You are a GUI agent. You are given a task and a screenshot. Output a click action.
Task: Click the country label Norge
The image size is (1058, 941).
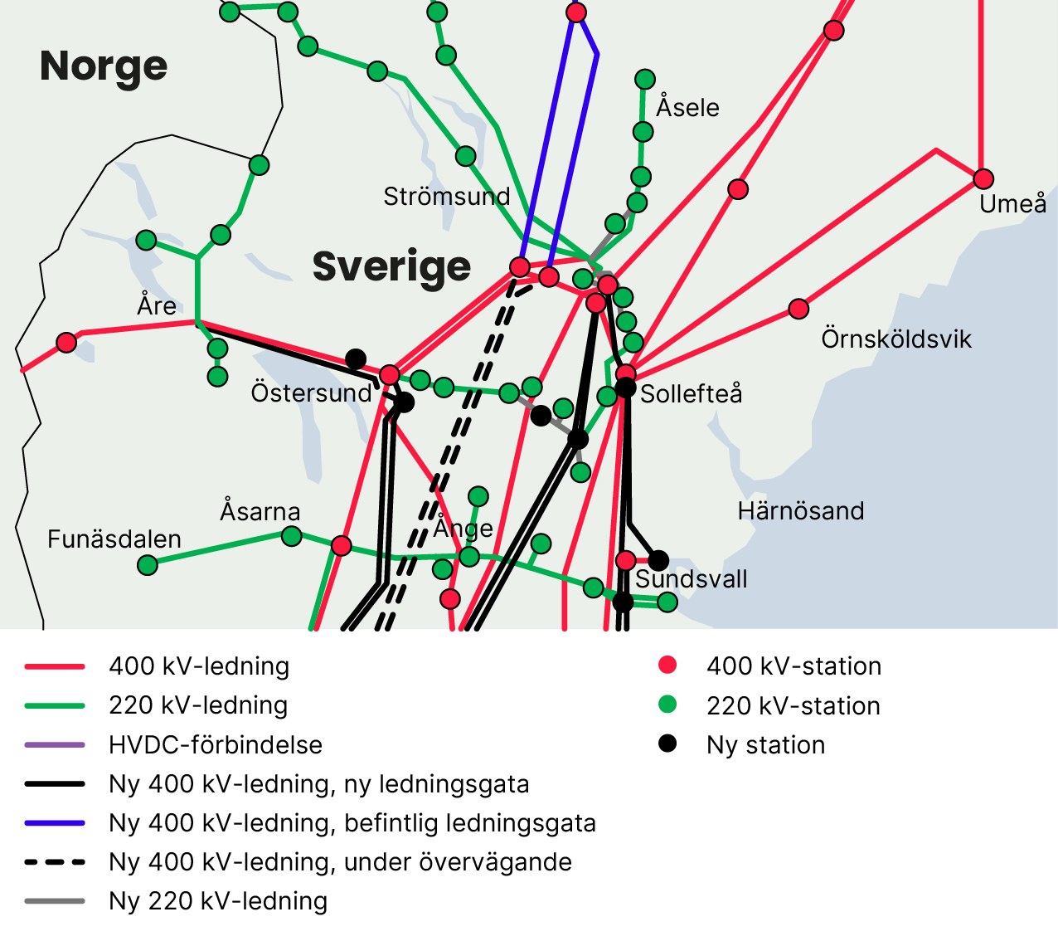click(104, 66)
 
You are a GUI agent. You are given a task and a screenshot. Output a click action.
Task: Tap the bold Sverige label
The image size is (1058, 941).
click(391, 266)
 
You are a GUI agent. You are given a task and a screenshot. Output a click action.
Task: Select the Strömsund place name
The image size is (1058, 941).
click(447, 197)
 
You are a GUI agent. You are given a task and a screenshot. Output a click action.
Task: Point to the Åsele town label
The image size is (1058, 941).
click(687, 107)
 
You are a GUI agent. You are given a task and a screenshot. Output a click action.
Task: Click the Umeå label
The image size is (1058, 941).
click(1012, 203)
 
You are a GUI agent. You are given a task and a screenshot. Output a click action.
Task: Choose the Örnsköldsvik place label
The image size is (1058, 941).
click(896, 339)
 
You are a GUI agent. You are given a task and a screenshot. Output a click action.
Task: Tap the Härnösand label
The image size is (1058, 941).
click(801, 510)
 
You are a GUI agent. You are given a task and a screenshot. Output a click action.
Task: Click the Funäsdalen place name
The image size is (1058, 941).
click(114, 539)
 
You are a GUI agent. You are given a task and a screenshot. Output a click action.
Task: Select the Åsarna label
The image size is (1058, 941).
click(260, 511)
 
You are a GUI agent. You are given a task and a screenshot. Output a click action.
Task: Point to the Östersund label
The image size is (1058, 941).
click(312, 392)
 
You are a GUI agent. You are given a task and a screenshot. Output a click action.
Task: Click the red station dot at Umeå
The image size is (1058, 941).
click(983, 178)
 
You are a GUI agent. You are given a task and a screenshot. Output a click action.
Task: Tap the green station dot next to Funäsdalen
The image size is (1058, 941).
click(148, 565)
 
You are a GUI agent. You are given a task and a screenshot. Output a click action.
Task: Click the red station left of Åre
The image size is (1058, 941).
click(66, 342)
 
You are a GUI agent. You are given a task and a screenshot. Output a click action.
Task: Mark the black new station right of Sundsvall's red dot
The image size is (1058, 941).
click(658, 560)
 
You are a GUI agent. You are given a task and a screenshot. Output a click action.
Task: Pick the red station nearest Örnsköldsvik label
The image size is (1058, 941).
click(798, 309)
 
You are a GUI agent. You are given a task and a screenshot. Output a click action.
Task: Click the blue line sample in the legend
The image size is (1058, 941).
click(55, 823)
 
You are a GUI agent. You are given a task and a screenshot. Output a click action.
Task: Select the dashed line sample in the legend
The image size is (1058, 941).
click(55, 862)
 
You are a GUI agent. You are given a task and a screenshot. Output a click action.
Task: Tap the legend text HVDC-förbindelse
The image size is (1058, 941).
click(216, 744)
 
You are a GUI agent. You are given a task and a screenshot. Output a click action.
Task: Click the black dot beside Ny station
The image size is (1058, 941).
click(667, 744)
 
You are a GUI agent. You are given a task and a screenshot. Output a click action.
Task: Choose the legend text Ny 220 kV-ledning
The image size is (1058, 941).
click(218, 900)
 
